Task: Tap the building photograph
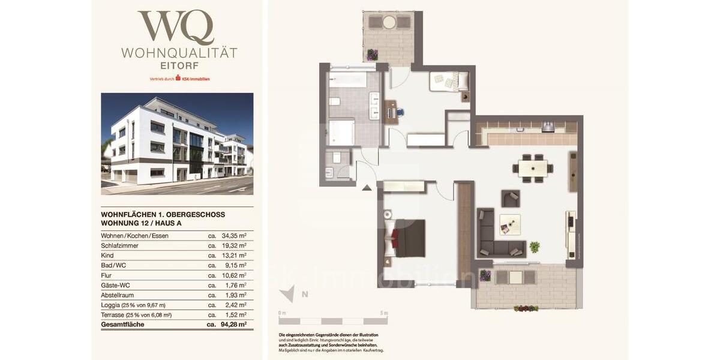177,143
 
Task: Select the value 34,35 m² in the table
233,236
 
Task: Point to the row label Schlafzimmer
120,245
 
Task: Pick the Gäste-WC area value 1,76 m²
235,285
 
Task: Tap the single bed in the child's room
448,81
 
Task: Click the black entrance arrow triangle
366,188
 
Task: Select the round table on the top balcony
388,23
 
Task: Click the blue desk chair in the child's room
400,112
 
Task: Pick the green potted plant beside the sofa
534,246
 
